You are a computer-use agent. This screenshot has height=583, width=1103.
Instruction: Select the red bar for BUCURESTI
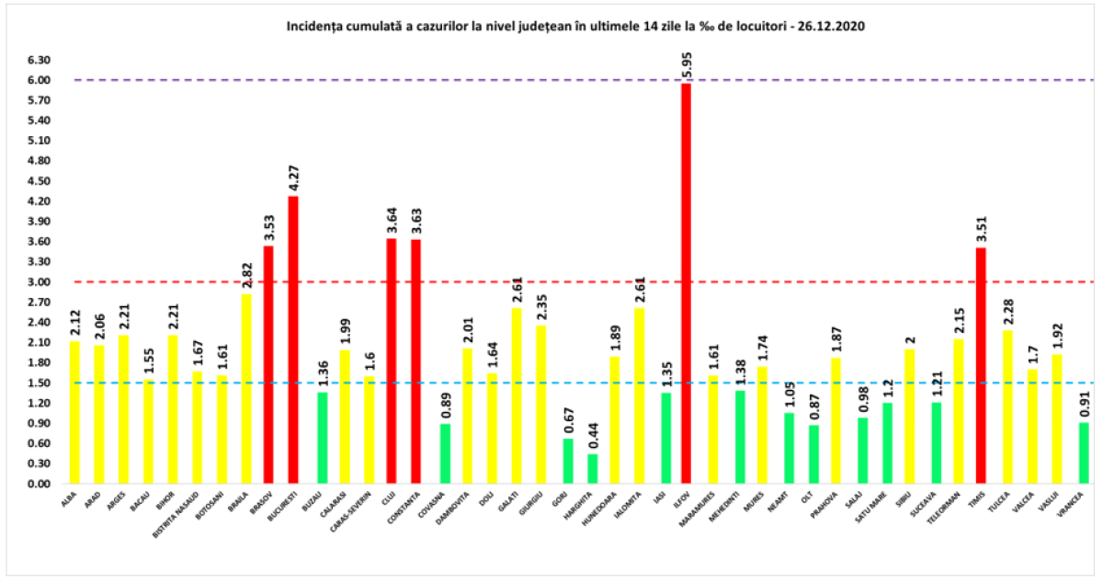pyautogui.click(x=292, y=339)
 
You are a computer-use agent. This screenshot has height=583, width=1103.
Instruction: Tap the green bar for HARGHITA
pyautogui.click(x=593, y=468)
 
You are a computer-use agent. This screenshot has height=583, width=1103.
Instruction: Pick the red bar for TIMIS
pyautogui.click(x=981, y=365)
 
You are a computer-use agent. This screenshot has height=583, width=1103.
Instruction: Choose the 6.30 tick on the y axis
pyautogui.click(x=39, y=61)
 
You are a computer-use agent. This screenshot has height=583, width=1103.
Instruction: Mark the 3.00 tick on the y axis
pyautogui.click(x=39, y=282)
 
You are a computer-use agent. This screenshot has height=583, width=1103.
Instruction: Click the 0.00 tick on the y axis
pyautogui.click(x=39, y=484)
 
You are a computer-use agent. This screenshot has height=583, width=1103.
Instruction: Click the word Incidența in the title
pyautogui.click(x=313, y=27)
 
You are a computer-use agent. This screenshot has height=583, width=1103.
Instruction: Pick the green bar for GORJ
pyautogui.click(x=568, y=461)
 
